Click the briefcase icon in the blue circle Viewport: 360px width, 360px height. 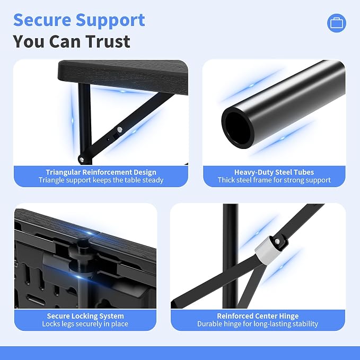(337, 23)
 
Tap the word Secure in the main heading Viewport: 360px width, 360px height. (42, 20)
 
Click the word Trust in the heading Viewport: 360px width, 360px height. (108, 41)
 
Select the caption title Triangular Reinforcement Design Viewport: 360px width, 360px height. (101, 172)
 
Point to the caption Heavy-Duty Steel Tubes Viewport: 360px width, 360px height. (274, 172)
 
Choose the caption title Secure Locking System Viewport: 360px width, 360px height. (85, 316)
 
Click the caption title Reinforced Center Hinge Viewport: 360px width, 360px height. (258, 316)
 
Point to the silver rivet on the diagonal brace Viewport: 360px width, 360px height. (119, 130)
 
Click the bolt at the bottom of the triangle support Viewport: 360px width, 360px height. (81, 159)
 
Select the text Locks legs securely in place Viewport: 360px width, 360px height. (85, 324)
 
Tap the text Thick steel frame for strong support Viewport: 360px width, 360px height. (274, 180)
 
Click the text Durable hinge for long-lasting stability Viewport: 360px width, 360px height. (258, 324)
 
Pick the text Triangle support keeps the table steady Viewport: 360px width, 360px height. (101, 180)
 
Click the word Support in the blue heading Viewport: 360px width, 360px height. (110, 21)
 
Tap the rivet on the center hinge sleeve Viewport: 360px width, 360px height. (277, 241)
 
